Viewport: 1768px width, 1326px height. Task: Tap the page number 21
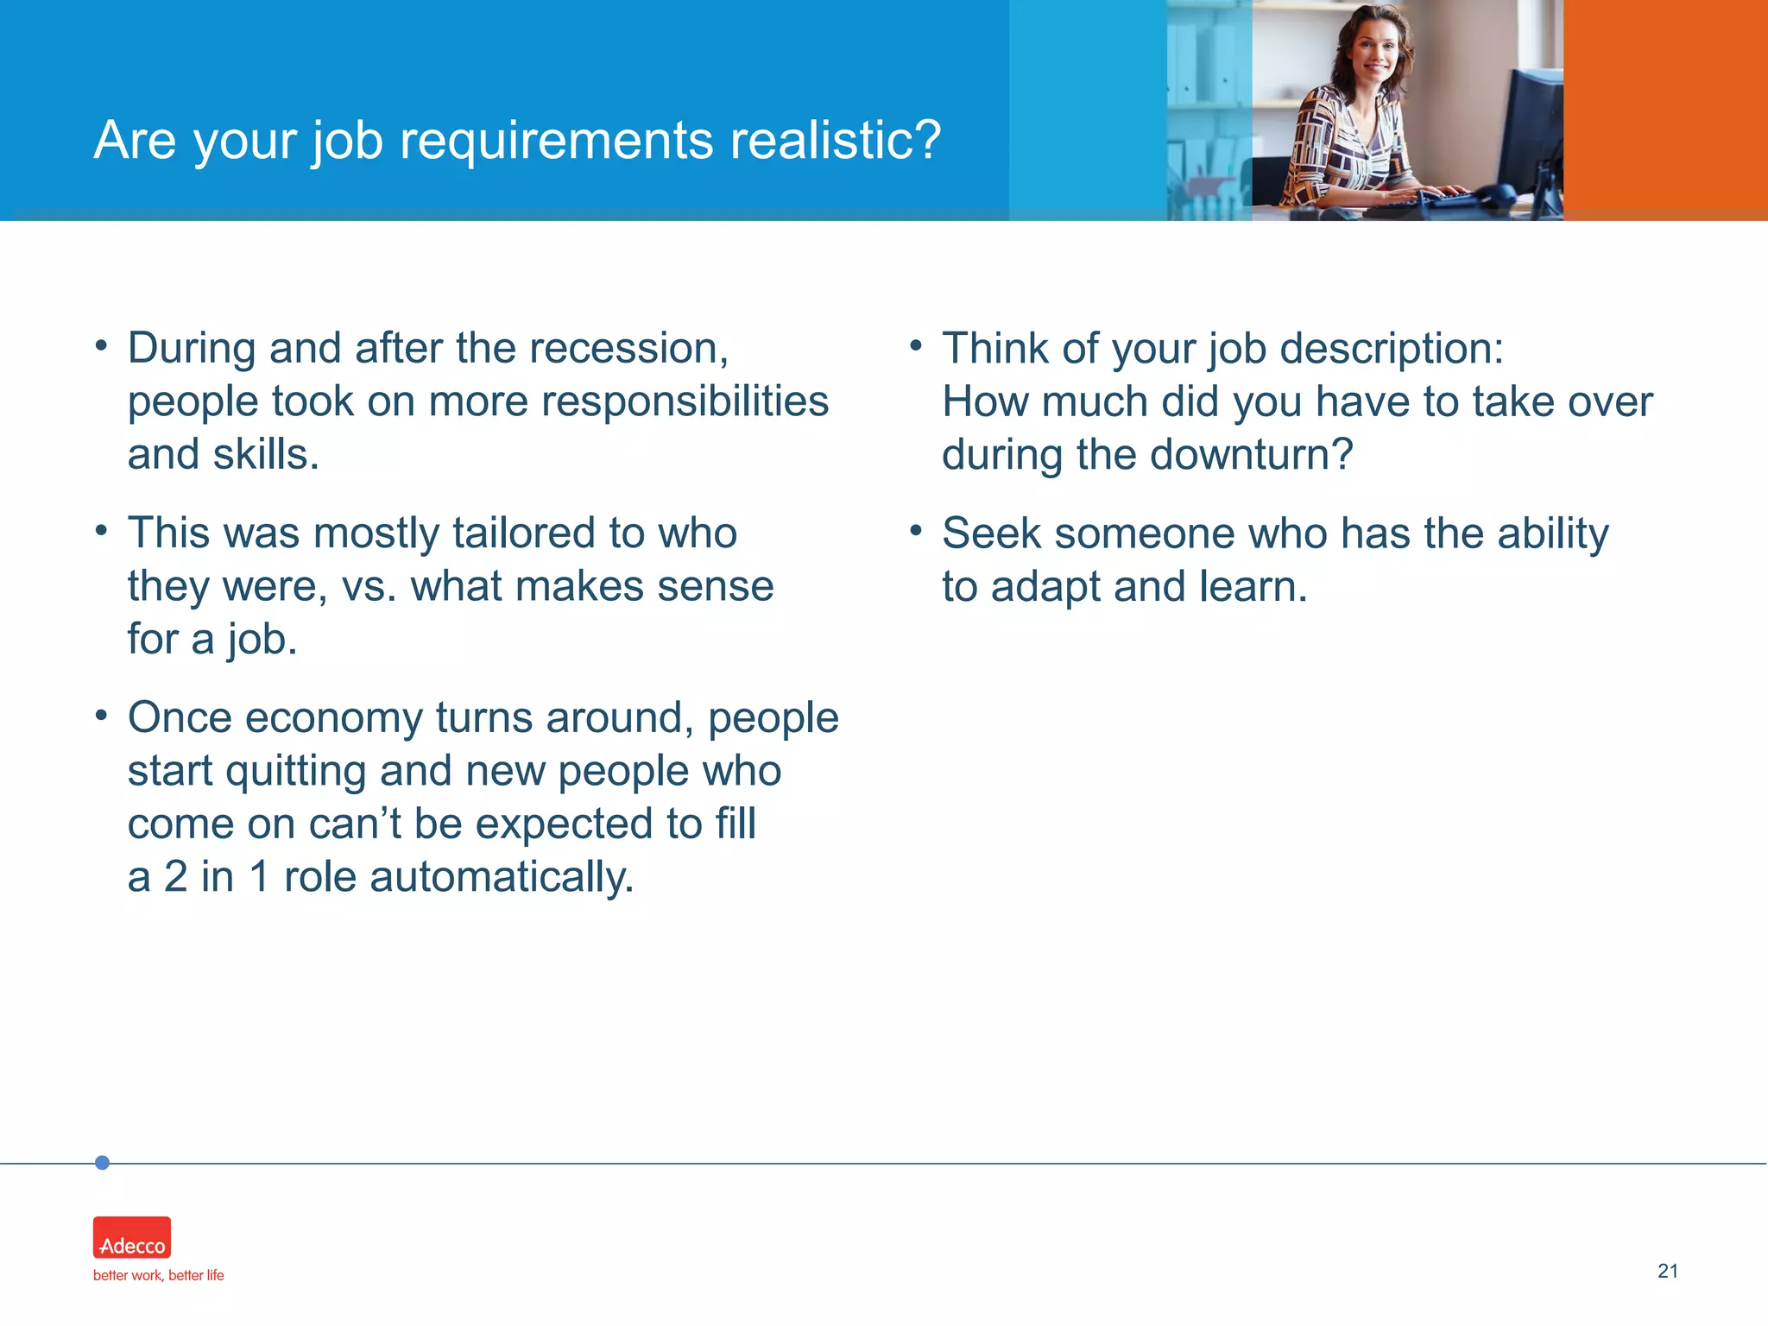1667,1271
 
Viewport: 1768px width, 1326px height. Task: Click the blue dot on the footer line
102,1163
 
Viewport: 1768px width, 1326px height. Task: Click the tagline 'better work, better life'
158,1275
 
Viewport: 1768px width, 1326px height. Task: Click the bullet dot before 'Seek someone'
916,529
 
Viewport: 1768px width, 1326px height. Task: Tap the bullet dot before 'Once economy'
102,715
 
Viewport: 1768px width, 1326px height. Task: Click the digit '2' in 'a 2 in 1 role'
175,877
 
